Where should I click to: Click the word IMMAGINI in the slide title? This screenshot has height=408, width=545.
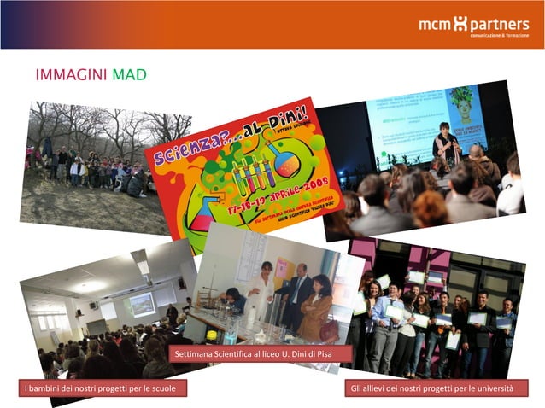coord(71,75)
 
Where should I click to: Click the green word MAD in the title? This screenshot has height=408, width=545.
coord(129,75)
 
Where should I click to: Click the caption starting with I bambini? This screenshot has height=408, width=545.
coord(102,389)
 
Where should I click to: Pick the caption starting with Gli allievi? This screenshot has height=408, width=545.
coord(432,389)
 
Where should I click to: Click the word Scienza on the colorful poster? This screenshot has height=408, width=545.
coord(184,154)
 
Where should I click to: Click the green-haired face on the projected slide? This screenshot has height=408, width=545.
coord(461,102)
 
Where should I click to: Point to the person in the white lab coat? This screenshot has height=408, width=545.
coord(261,294)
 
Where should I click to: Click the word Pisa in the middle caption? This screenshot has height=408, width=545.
coord(320,353)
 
